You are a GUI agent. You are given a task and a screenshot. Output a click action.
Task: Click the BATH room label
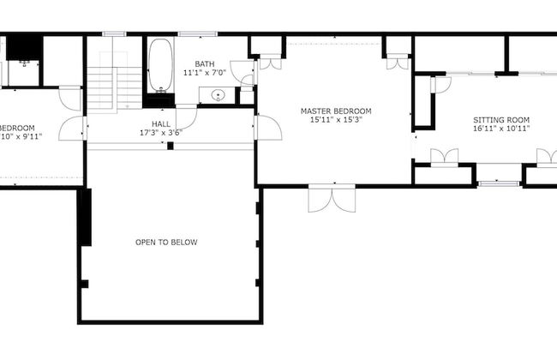coord(205,63)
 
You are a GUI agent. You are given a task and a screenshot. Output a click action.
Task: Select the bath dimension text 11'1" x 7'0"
coord(205,73)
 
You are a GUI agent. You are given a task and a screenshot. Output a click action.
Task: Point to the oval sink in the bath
coord(218,95)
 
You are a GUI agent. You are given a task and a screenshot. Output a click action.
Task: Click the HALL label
coord(161,124)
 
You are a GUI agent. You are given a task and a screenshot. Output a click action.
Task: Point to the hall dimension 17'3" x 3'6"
coord(161,134)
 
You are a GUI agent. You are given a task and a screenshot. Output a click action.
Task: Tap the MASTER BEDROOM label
coord(335,111)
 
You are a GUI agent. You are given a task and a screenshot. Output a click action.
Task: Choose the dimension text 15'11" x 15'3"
coord(335,121)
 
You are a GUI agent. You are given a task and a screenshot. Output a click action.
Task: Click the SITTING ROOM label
coord(501,120)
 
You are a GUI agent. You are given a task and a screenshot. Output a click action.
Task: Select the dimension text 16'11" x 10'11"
coord(501,129)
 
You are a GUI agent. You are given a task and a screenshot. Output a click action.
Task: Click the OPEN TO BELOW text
coord(166,243)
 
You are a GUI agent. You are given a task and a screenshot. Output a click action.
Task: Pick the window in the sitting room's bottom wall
coord(498,183)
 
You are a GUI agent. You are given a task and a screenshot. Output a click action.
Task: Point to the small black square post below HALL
coord(171,146)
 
